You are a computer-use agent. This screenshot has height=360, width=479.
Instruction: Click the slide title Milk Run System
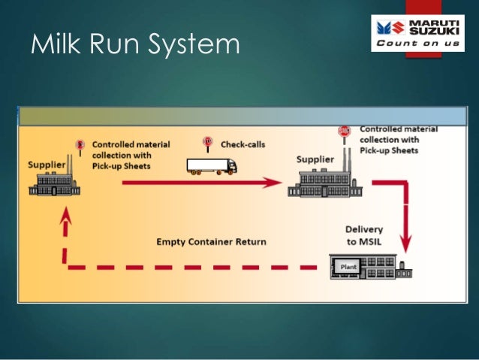coord(135,45)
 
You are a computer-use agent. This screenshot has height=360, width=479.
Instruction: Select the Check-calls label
coord(242,144)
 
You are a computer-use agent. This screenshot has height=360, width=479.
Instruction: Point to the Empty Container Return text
coord(211,242)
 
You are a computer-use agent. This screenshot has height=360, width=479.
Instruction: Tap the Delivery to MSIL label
coord(364,234)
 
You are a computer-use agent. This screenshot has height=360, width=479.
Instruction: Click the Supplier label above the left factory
coord(46,164)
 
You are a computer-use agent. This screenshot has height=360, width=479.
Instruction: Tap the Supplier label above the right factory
coord(315,159)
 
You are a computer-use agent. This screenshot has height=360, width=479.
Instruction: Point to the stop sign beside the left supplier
coord(78,144)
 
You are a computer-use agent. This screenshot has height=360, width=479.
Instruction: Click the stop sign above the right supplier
coord(345,132)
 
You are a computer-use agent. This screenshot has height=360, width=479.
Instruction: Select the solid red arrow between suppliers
coord(195,182)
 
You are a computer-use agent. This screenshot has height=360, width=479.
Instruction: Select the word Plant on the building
coord(347,266)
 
